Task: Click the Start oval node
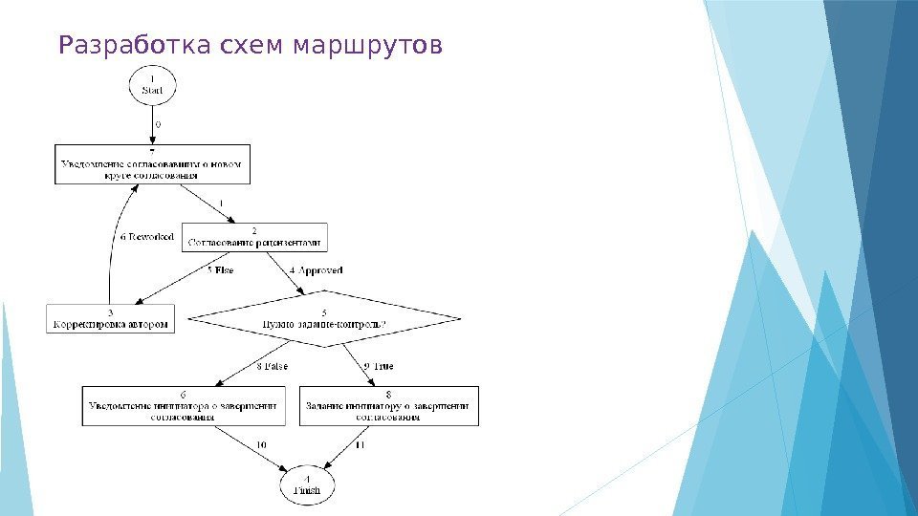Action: (x=152, y=84)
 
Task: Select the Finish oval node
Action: (x=308, y=485)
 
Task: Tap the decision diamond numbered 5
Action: (x=324, y=318)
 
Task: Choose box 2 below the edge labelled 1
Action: (x=254, y=237)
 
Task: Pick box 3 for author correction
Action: (x=111, y=318)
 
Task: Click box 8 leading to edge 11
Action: (x=388, y=405)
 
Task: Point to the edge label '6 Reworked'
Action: (x=146, y=237)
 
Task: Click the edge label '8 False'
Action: (x=272, y=366)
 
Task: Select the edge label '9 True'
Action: (x=379, y=366)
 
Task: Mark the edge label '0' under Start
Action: (x=158, y=124)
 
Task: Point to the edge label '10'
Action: (x=261, y=444)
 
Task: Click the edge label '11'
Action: (x=361, y=444)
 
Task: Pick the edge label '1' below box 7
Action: (x=221, y=204)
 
